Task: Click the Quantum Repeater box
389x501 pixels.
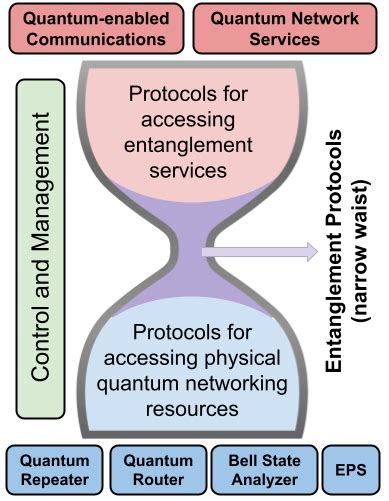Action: pos(52,470)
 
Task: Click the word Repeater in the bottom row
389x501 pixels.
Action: pos(52,481)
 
